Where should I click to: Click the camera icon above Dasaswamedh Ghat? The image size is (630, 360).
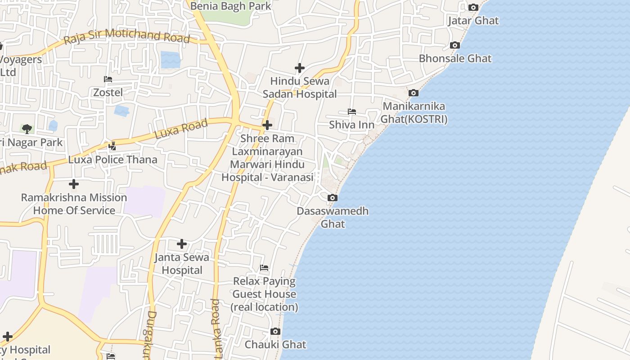[x=332, y=198]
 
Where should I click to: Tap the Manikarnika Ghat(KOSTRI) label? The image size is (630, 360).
[x=414, y=113]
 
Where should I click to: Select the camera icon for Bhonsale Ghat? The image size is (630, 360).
[x=455, y=45]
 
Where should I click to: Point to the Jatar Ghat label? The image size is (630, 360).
[x=473, y=21]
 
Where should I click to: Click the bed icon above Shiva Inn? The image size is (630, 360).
[x=352, y=112]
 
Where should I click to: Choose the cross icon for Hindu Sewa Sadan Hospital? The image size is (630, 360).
[x=300, y=68]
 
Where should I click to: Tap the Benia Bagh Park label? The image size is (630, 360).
[x=231, y=6]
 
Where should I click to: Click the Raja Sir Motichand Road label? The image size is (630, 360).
[x=127, y=37]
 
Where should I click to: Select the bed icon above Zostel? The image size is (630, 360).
[x=108, y=79]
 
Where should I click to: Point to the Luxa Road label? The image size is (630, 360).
[x=181, y=129]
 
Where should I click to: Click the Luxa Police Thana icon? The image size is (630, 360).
[x=112, y=146]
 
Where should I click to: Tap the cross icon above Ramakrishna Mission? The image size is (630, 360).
[x=74, y=184]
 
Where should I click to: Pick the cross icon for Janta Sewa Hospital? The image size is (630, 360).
[x=182, y=244]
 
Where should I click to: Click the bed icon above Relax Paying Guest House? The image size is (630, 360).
[x=264, y=268]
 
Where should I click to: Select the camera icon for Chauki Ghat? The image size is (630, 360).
[x=275, y=332]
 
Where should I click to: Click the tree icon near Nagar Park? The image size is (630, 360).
[x=27, y=129]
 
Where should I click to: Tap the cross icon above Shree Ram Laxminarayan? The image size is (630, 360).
[x=267, y=125]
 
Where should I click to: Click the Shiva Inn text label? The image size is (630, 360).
[x=352, y=125]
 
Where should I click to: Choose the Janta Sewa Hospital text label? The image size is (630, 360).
[x=182, y=264]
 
